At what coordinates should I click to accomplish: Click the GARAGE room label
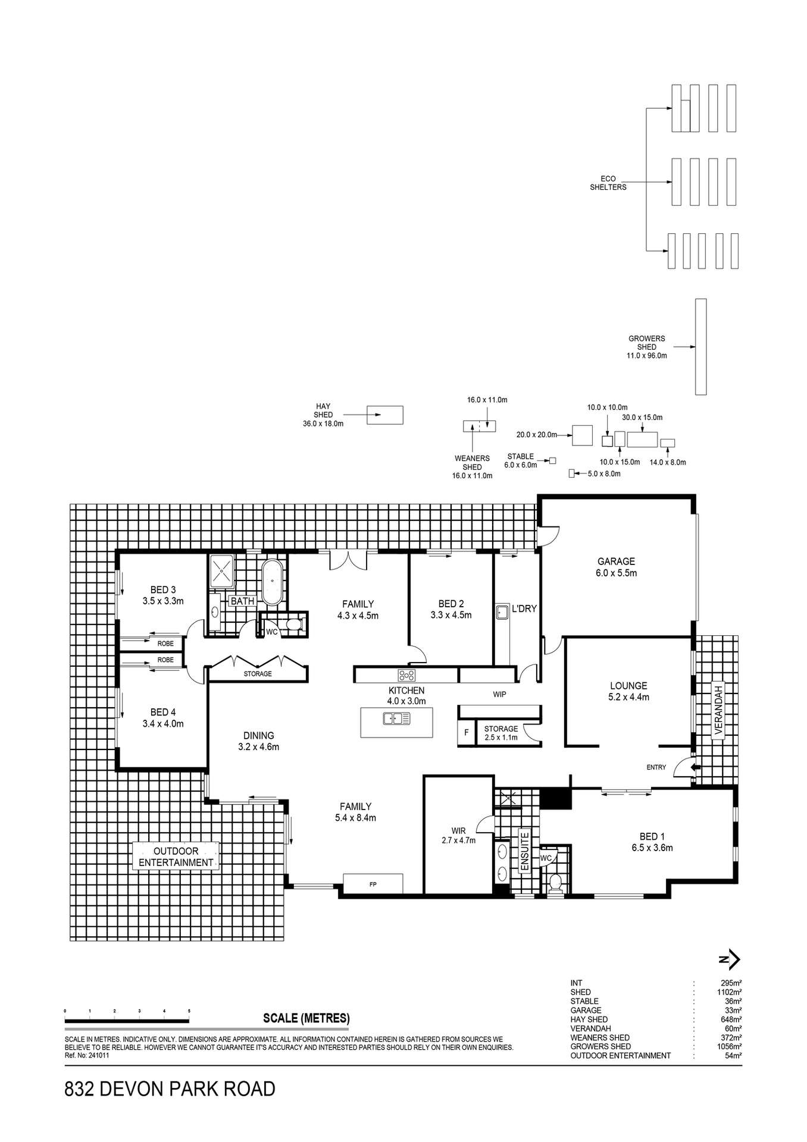(616, 561)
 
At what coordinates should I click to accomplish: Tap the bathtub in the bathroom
(273, 582)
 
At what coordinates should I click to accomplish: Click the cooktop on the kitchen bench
(407, 675)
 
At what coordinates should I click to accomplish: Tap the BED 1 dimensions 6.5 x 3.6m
(652, 848)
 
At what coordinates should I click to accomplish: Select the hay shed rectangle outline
(384, 415)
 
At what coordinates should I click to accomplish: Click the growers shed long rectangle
(700, 347)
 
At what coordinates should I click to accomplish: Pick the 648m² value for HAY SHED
(730, 1019)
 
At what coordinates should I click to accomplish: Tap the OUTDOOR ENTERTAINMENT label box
(176, 857)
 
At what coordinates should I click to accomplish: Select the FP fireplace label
(373, 884)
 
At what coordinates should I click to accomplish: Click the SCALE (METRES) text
(306, 1018)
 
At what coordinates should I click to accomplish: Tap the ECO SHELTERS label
(608, 183)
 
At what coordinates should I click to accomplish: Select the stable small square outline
(552, 460)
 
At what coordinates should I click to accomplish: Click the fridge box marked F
(466, 733)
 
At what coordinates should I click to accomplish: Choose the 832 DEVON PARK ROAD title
(170, 1090)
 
